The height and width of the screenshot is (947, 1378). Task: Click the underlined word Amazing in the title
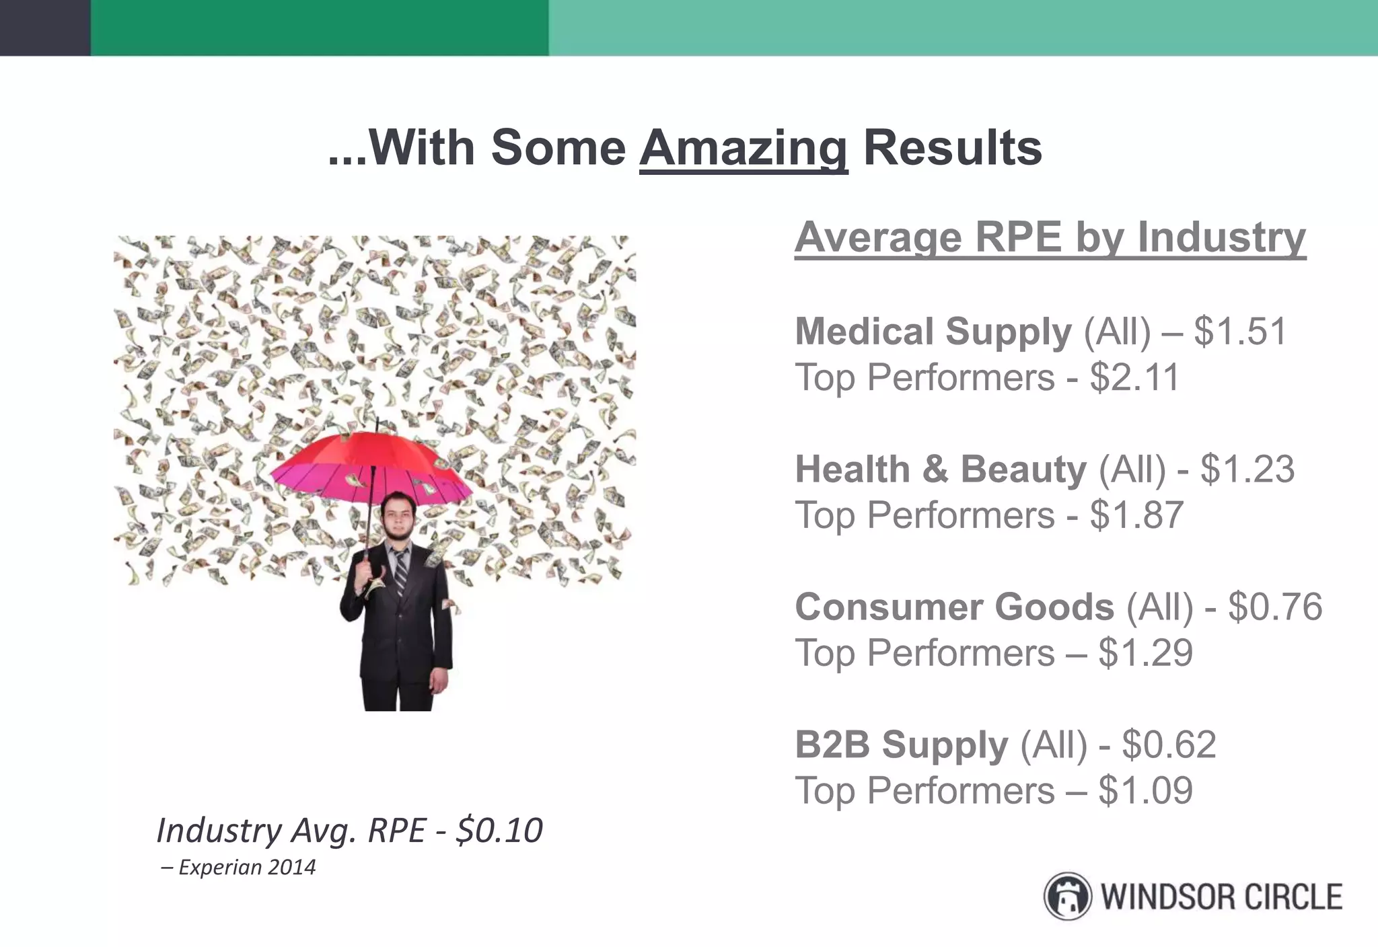(744, 148)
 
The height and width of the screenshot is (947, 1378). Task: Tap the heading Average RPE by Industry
(1050, 237)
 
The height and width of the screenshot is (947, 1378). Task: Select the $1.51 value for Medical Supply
(1240, 332)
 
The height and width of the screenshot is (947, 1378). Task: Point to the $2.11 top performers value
(1134, 377)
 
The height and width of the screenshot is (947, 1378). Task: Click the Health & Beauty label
(940, 469)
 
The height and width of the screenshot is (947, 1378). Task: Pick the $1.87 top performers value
(1136, 515)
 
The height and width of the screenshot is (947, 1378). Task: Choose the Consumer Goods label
(954, 607)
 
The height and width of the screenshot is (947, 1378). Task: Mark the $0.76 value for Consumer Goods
(1275, 607)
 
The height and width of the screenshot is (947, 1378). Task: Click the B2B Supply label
(901, 745)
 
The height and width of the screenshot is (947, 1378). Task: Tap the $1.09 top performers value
(1145, 790)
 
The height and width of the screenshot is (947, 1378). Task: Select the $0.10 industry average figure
(499, 831)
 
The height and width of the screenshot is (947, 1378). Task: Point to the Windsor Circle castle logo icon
(1067, 897)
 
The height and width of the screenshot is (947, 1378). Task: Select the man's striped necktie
(401, 572)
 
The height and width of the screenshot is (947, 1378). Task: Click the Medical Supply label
(933, 332)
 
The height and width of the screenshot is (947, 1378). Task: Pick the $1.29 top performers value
(1145, 653)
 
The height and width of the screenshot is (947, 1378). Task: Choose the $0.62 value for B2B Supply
(1169, 745)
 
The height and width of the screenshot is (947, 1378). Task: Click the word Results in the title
(952, 148)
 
